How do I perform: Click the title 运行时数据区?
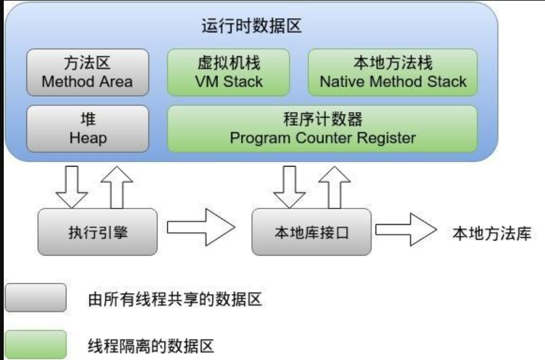coord(252,26)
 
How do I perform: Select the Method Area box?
coord(88,73)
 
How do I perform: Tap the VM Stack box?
coord(228,73)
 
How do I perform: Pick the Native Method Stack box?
coord(392,73)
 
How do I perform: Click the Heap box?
coord(88,129)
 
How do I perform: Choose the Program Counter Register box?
coord(322,129)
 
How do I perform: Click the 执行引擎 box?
coord(98,232)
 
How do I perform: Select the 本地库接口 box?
coord(312,232)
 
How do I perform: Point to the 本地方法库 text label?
coord(492,234)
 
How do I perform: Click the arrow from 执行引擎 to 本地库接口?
coord(201,227)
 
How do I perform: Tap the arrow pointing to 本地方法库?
coord(406,230)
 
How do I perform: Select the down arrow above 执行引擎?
coord(71,187)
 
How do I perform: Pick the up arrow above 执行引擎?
coord(117,187)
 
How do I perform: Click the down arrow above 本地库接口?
coord(289,187)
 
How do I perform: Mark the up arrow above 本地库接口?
coord(334,187)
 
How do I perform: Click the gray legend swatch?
coord(36,298)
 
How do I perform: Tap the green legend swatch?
coord(36,344)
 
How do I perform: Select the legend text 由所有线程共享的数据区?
coord(175,299)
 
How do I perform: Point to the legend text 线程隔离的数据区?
coord(151,346)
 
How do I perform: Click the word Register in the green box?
coord(386,138)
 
